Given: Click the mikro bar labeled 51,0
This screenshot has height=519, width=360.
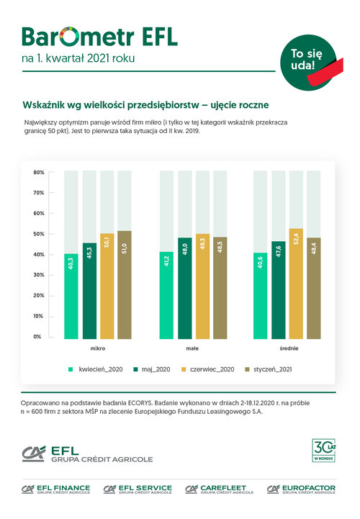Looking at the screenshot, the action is [125, 284].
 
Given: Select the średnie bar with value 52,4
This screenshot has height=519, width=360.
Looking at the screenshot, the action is [296, 284].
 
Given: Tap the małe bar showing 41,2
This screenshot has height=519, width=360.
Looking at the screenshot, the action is [166, 295].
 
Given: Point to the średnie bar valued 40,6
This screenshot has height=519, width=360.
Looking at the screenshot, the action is [261, 296].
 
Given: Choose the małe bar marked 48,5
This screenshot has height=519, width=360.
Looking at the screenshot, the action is [220, 288].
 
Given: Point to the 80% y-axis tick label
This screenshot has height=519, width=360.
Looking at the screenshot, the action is [39, 173].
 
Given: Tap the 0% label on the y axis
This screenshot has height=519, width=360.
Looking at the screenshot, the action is [37, 337].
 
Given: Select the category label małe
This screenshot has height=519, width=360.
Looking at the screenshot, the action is [192, 348].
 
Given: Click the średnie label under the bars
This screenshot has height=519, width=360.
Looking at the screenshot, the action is [289, 348].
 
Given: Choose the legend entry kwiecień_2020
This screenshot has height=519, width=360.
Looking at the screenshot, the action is [95, 369].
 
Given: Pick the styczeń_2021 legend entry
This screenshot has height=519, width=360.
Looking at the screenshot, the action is [269, 369].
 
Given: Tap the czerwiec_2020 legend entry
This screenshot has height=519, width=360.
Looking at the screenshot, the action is [207, 369].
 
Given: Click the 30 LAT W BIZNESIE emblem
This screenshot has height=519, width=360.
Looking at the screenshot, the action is [324, 450].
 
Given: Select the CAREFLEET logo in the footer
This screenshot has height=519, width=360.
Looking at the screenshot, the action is [220, 489].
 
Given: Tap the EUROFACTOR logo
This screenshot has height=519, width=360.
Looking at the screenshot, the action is [302, 489].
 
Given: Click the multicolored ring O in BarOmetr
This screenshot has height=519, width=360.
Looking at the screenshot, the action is [71, 37].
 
